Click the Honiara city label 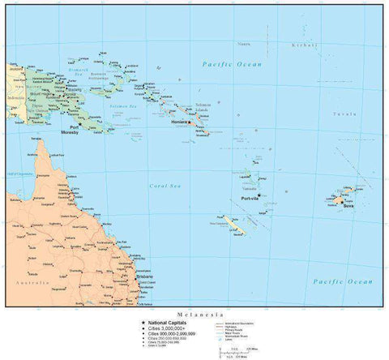[179, 122]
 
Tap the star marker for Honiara [191, 122]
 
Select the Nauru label [243, 43]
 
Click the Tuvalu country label [367, 115]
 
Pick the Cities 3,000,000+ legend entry [161, 328]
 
